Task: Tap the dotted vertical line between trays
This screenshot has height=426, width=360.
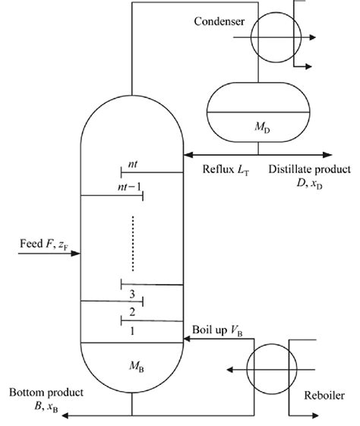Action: [x=133, y=243]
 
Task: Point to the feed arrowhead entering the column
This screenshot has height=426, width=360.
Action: [x=76, y=254]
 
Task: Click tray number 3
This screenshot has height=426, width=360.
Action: [x=132, y=294]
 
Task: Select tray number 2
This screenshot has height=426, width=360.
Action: [x=132, y=311]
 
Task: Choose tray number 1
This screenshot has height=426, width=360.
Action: [x=132, y=330]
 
